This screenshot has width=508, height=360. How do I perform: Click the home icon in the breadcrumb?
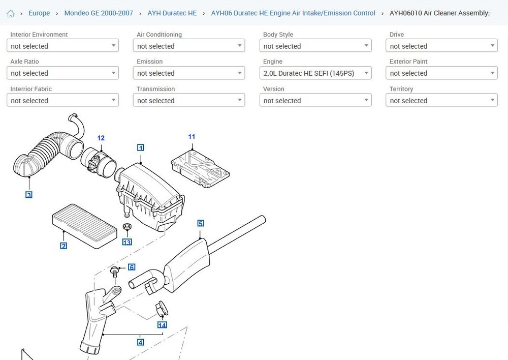[11, 13]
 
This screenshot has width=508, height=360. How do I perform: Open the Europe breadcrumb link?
[39, 13]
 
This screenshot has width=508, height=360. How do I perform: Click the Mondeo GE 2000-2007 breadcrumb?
[99, 13]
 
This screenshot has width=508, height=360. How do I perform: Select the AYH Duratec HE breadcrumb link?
[172, 13]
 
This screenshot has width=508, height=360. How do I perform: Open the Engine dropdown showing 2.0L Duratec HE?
[315, 73]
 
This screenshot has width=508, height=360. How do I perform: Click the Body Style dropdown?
[315, 46]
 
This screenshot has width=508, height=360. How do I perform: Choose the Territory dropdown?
[441, 100]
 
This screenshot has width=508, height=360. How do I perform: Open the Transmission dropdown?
[189, 100]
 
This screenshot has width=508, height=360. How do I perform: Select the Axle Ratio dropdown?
[62, 73]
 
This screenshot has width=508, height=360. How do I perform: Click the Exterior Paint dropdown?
[441, 73]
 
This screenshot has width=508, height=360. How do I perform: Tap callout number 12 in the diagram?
[101, 138]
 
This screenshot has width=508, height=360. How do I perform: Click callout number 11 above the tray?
[192, 137]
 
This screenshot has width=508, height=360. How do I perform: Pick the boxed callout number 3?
[29, 195]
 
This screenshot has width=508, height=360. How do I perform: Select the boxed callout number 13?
[127, 242]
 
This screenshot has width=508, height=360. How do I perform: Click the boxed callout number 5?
[201, 223]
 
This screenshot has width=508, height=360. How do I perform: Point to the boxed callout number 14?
[162, 325]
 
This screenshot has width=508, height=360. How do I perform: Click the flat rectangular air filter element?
[84, 226]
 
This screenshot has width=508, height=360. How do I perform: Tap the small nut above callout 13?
[127, 226]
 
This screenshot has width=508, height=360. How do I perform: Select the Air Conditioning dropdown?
[189, 46]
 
